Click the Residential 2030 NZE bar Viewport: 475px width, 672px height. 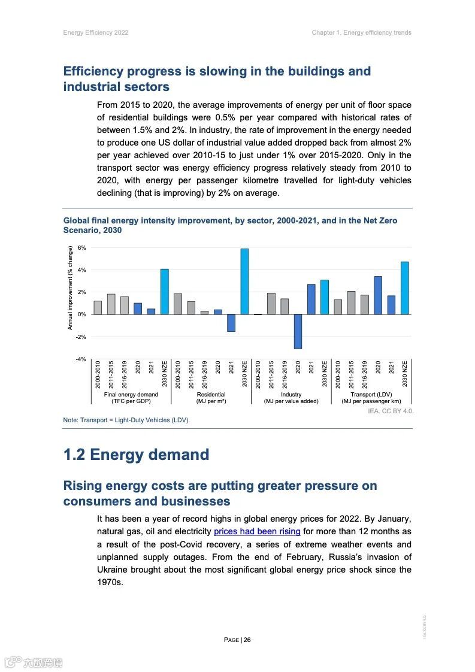[x=244, y=281]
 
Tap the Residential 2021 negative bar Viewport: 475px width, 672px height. [x=231, y=323]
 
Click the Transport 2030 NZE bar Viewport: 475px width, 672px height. [x=405, y=288]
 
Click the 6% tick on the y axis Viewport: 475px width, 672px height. [x=82, y=248]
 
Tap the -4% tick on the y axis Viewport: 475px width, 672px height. [x=81, y=359]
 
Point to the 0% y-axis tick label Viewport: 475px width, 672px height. [x=82, y=314]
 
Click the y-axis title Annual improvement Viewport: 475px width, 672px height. [x=70, y=287]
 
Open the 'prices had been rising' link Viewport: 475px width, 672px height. [x=257, y=531]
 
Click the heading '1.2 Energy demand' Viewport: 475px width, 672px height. [x=136, y=455]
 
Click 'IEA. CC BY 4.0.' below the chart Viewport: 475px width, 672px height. [x=391, y=411]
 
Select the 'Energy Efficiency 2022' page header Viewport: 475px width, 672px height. [x=96, y=32]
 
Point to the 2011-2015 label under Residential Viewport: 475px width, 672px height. [x=191, y=374]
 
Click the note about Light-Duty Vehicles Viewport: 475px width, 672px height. [x=126, y=420]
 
